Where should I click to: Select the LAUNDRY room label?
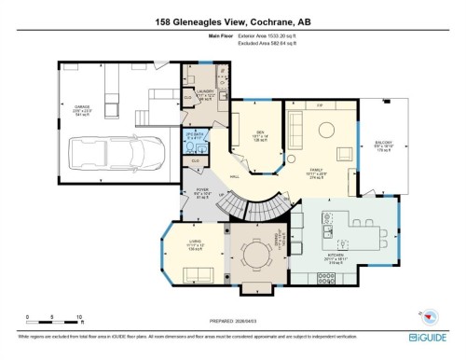pos(205,92)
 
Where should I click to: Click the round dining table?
pos(255,255)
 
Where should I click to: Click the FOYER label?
pos(199,193)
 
